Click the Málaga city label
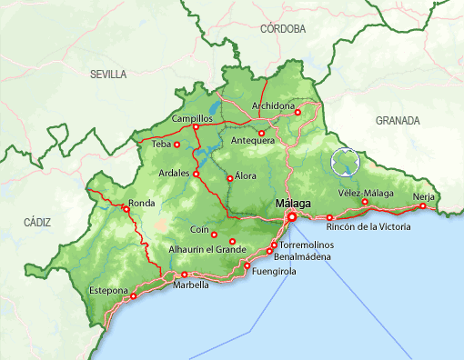(x=292, y=203)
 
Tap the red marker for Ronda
(x=126, y=208)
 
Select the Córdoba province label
(x=282, y=29)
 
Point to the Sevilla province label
(x=108, y=75)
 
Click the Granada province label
(x=398, y=120)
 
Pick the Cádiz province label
(x=38, y=222)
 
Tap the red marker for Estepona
(x=134, y=295)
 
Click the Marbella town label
(x=191, y=285)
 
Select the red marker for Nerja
(x=422, y=206)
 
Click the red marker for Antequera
(x=262, y=133)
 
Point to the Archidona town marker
(x=298, y=113)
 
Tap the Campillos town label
(x=191, y=118)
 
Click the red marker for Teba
(x=177, y=144)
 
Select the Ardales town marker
(x=196, y=173)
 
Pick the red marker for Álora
(x=229, y=178)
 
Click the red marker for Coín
(x=214, y=235)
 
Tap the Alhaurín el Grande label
(x=207, y=249)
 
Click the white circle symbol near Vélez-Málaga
(x=346, y=162)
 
